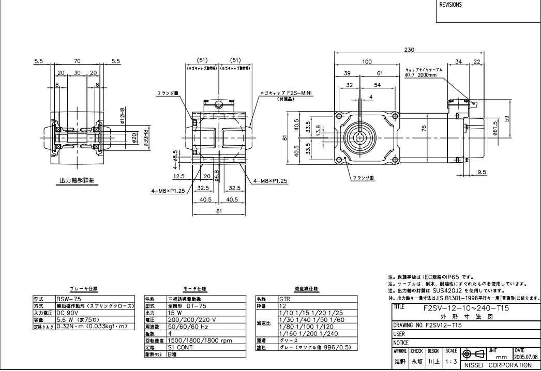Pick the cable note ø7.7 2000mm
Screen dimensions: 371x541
(420, 74)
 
